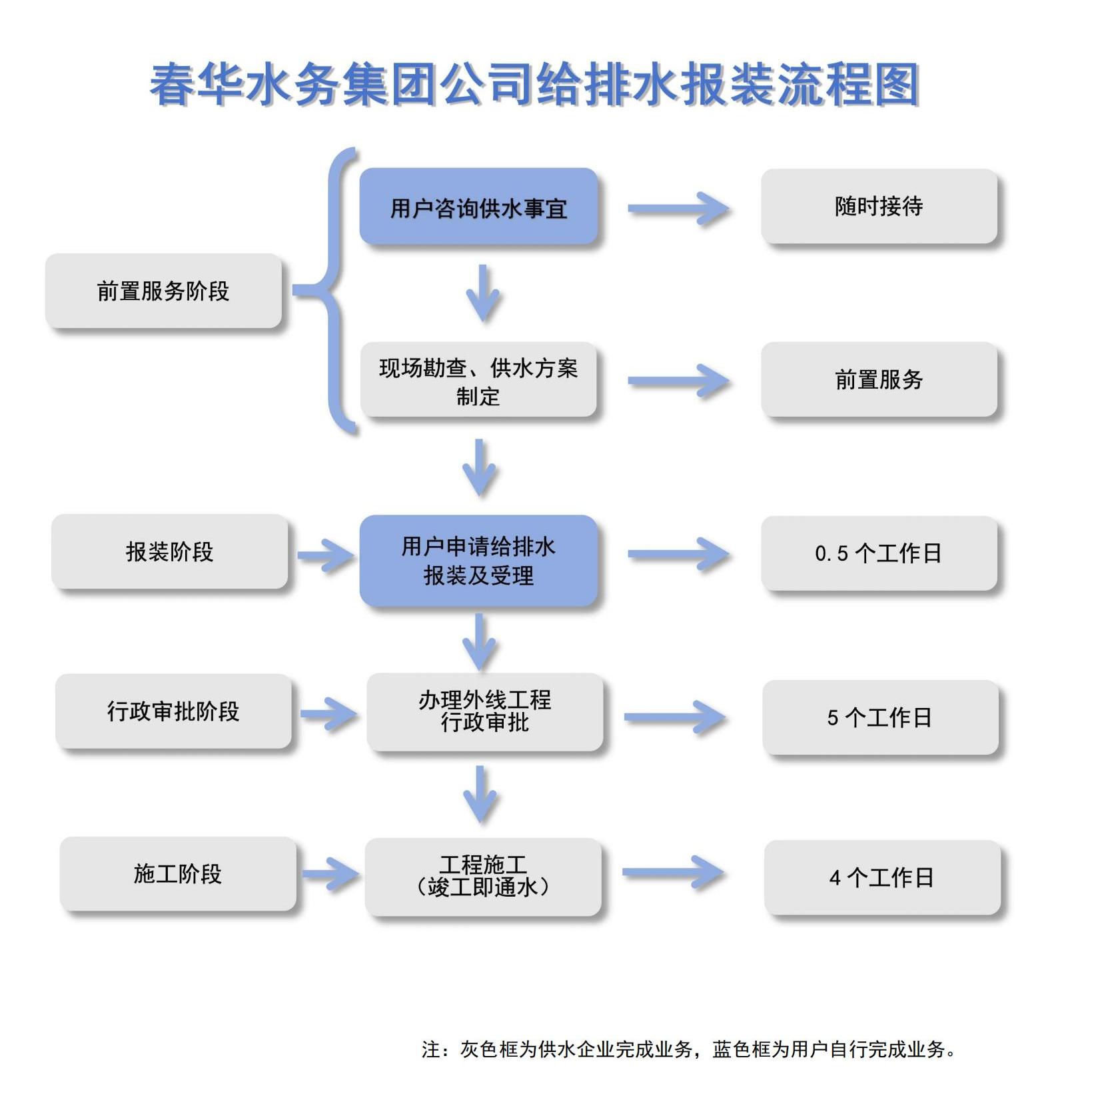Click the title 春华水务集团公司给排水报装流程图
tap(534, 85)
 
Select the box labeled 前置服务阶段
tap(163, 291)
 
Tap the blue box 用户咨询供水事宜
tap(478, 207)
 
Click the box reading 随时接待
tap(879, 206)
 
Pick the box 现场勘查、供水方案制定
tap(478, 380)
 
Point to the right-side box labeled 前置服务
tap(879, 379)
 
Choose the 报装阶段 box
tap(169, 551)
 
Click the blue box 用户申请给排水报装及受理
tap(478, 561)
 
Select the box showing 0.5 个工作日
tap(879, 553)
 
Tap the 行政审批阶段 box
tap(173, 711)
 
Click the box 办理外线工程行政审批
tap(484, 711)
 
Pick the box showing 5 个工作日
tap(880, 717)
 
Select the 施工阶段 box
tap(178, 873)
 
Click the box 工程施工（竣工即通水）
tap(483, 876)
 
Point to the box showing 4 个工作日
tap(882, 877)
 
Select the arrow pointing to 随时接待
tap(678, 209)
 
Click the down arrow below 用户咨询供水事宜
tap(483, 293)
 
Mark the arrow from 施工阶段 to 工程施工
tap(330, 873)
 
